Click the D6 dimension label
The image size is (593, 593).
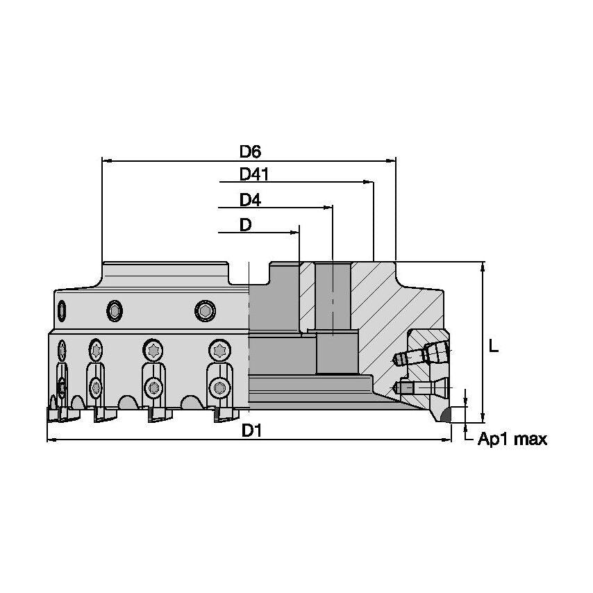click(250, 151)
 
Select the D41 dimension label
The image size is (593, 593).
click(253, 175)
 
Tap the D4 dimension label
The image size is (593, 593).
click(250, 200)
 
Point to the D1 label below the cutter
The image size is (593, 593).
click(251, 431)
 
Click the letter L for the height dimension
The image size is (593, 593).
click(494, 346)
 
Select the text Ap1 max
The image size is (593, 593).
click(512, 440)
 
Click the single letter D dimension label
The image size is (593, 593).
click(245, 225)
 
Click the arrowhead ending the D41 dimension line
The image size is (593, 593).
click(369, 183)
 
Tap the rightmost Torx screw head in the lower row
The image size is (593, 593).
click(220, 350)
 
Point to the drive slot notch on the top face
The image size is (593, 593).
click(249, 274)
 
